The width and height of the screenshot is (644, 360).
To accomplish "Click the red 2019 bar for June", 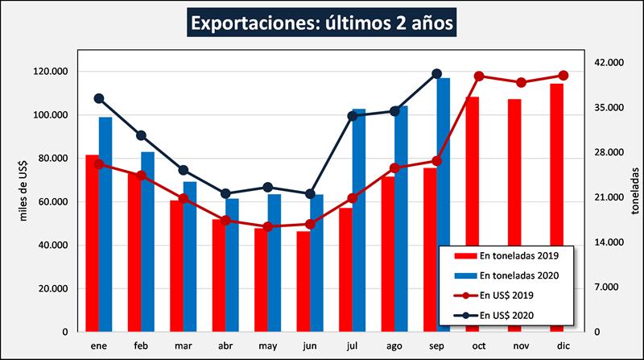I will tap(303, 281).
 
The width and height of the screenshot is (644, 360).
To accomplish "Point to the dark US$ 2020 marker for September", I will tap(436, 74).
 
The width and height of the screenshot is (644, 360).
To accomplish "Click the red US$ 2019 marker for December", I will tap(563, 76).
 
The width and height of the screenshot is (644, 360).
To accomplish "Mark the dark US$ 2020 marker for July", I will tap(352, 116).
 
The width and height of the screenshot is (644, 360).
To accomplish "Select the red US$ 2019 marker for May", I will tap(268, 227).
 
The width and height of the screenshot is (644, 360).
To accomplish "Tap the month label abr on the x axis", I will tap(225, 346).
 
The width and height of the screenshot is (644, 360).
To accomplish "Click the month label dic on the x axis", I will tap(563, 346).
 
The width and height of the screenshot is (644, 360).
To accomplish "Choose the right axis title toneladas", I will tap(633, 192).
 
